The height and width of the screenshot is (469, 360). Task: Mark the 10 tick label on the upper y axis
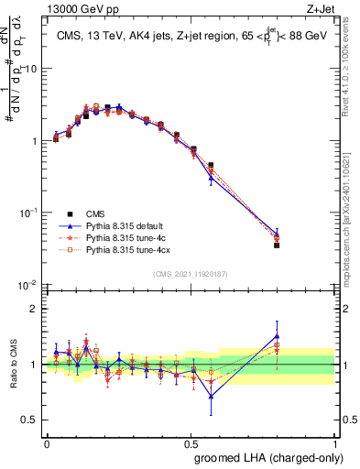[x=32, y=70]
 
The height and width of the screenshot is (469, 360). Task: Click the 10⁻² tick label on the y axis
[x=30, y=285]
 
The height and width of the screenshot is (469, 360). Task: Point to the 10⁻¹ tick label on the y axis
[x=30, y=213]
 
